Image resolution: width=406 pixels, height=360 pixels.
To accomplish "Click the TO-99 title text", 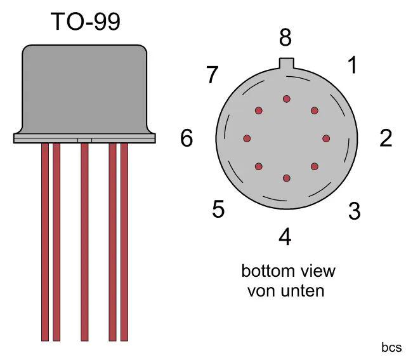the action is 86,22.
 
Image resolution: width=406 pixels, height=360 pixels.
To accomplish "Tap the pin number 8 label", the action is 285,37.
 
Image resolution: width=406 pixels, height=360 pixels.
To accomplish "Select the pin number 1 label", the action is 353,65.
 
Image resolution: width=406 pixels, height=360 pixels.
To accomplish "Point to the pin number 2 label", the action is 386,138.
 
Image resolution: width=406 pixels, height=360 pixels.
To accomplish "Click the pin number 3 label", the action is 354,211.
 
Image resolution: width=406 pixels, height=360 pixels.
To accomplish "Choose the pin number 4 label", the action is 285,236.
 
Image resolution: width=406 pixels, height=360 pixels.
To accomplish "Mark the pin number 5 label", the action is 218,209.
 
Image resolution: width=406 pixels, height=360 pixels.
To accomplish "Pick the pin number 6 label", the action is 187,138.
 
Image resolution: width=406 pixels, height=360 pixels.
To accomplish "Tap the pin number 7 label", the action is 213,75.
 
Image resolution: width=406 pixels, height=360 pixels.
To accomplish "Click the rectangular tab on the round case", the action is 286,63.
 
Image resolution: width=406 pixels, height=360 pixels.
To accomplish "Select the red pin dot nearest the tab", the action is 286,99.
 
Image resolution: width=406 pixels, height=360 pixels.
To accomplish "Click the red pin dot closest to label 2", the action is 326,138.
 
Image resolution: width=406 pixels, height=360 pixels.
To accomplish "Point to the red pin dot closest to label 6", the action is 247,138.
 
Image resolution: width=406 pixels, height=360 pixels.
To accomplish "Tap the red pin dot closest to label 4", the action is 286,178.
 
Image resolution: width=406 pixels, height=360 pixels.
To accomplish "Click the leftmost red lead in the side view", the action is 45,242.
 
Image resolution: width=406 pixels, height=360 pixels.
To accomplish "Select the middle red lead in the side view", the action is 84,242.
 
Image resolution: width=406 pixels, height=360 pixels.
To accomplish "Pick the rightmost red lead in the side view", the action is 124,242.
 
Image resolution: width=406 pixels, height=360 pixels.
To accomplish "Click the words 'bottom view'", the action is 288,271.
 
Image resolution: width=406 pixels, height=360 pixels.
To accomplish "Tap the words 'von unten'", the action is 286,291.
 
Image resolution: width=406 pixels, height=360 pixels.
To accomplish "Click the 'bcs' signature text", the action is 391,347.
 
